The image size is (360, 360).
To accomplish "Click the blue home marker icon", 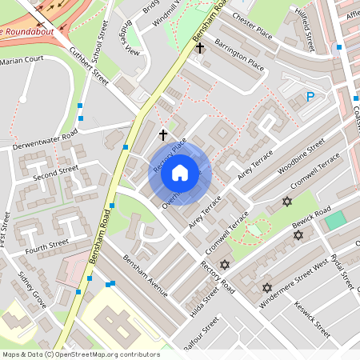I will point(180,173).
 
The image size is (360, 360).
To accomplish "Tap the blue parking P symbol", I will point(310,97).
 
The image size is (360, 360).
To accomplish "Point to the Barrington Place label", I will point(238,54).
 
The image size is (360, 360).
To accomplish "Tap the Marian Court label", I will point(22,60).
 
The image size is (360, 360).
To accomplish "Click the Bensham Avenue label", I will point(144,275).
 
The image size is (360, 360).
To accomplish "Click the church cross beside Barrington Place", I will point(200,49).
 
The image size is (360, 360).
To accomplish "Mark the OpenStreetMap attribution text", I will point(80,354).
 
